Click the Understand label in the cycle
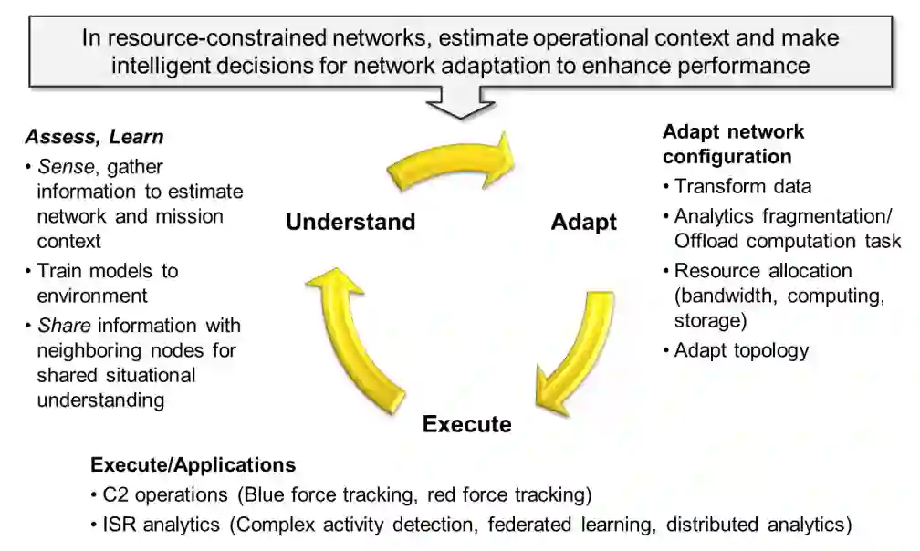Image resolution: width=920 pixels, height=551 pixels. click(x=350, y=222)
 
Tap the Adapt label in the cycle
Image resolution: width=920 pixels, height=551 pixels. click(x=584, y=222)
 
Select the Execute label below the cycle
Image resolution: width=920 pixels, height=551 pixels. click(x=466, y=424)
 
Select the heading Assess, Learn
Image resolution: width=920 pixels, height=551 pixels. click(x=94, y=138)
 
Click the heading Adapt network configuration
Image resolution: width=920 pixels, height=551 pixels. click(x=733, y=144)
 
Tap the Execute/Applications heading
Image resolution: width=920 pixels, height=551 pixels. click(x=193, y=464)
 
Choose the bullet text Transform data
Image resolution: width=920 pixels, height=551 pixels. click(x=743, y=187)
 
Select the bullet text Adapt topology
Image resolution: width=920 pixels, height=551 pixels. click(x=741, y=350)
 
